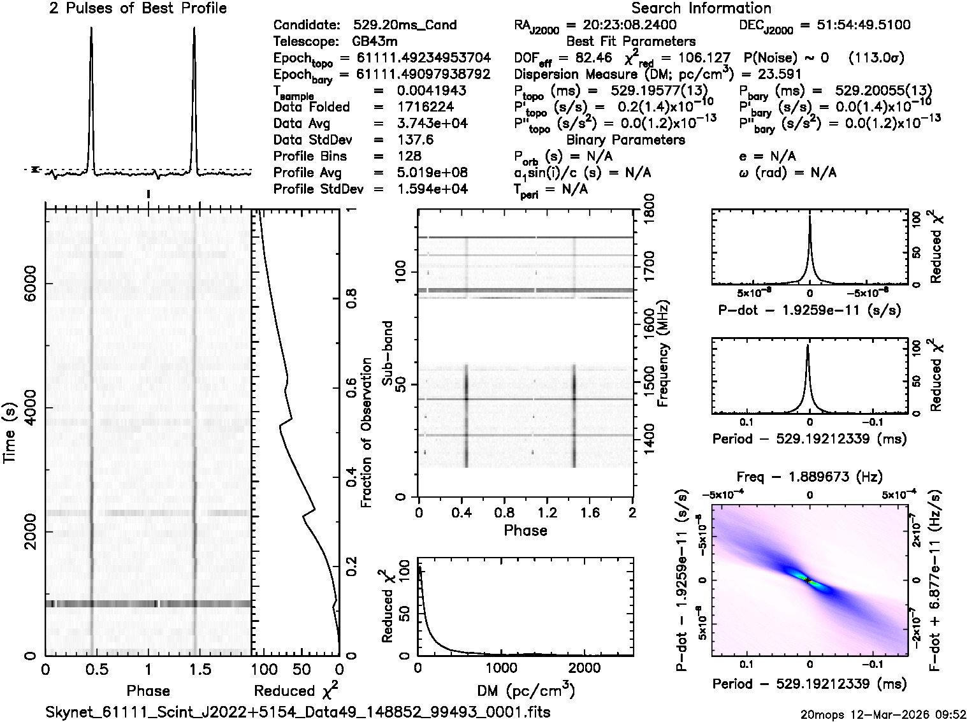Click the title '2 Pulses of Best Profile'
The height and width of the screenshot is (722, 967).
pos(138,8)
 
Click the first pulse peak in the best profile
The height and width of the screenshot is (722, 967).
pos(91,29)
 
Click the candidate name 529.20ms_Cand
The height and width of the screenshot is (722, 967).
pos(405,25)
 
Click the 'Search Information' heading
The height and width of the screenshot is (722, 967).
pos(701,8)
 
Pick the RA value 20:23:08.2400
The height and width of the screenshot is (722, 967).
pos(621,25)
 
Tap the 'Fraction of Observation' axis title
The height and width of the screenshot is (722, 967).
pos(366,433)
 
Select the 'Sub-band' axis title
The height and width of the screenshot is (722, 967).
pos(387,353)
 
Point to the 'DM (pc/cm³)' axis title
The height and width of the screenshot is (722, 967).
pos(525,691)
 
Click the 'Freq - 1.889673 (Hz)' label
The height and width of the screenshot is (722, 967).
pos(810,477)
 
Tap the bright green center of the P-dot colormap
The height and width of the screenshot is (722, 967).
pos(806,579)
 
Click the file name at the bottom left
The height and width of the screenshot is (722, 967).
pos(298,712)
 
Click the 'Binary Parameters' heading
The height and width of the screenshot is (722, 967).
pos(625,140)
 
